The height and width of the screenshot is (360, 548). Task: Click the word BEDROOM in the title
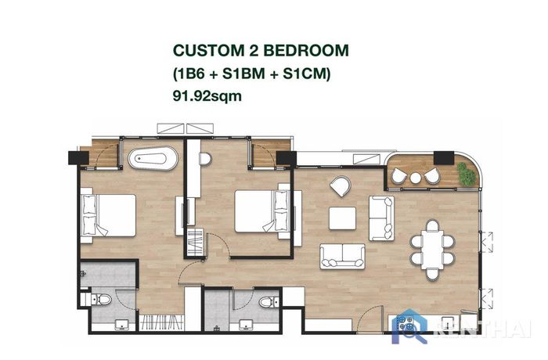(306, 51)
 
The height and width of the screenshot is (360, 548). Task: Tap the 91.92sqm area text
(207, 95)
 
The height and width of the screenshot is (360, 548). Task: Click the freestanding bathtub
(153, 158)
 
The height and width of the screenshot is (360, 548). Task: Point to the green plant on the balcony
(467, 174)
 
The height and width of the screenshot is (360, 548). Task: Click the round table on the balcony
(416, 178)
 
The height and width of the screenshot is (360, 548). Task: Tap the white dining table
(432, 250)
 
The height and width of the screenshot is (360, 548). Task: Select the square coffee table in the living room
(343, 218)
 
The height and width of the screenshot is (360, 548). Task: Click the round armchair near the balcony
(340, 186)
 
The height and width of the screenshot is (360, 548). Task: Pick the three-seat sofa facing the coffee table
(343, 257)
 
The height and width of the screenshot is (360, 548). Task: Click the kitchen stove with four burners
(406, 323)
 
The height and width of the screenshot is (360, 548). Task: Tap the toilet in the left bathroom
(101, 299)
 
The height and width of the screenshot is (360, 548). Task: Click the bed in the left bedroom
(108, 215)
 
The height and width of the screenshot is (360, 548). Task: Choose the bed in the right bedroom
(262, 211)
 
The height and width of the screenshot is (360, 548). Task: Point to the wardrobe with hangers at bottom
(161, 322)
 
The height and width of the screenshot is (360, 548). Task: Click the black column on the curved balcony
(444, 158)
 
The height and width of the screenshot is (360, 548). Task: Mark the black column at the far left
(78, 157)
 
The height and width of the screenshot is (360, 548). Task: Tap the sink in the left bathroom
(121, 324)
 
